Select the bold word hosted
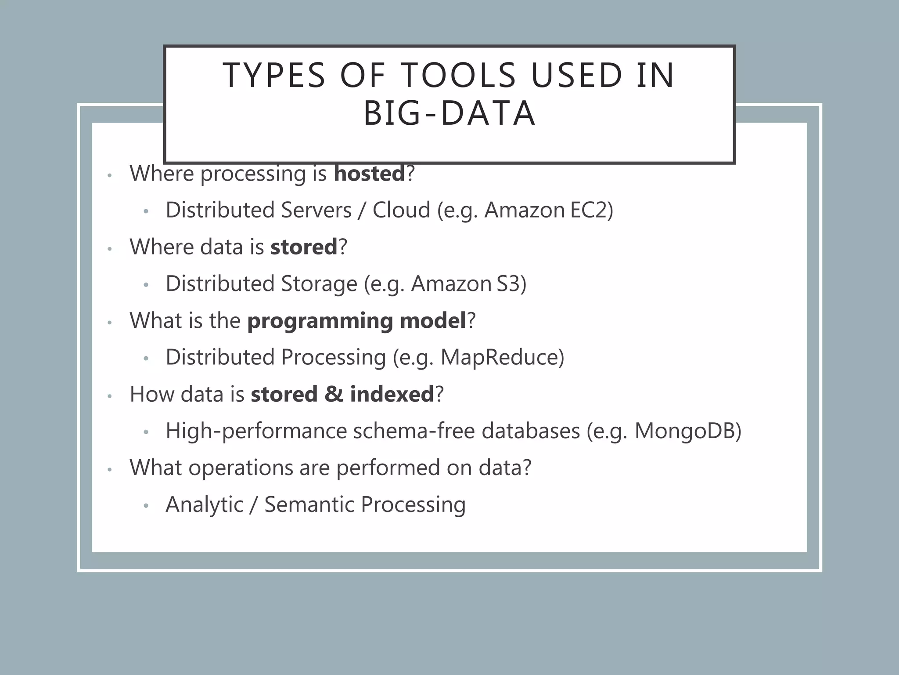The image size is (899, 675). click(369, 174)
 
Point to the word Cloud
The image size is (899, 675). click(401, 210)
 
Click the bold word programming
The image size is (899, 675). click(320, 321)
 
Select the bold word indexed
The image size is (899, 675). click(392, 394)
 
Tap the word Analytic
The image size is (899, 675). click(204, 504)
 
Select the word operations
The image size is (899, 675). click(241, 468)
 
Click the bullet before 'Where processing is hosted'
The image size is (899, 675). click(110, 176)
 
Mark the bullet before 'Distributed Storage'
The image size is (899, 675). click(146, 286)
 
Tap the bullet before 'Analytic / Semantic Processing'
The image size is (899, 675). click(146, 506)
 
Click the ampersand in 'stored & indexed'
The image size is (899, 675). click(334, 394)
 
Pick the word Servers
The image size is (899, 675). click(316, 210)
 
